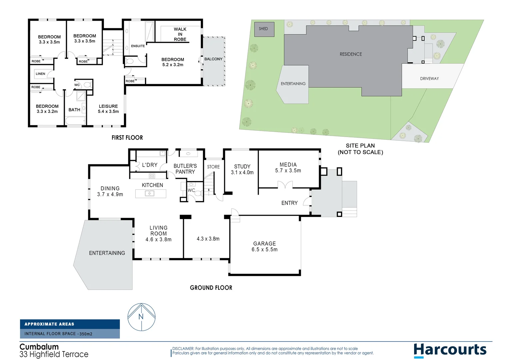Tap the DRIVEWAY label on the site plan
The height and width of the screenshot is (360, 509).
[x=429, y=79]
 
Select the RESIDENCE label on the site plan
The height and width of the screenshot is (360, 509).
[x=350, y=54]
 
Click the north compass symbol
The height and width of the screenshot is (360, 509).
[x=142, y=317]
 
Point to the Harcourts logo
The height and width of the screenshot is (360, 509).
[x=450, y=350]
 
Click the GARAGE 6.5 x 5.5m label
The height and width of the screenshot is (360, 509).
[x=264, y=247]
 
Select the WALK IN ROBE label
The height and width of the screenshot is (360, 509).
[x=180, y=34]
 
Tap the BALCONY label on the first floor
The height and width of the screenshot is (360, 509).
[x=213, y=59]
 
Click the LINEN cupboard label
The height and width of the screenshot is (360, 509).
[x=40, y=74]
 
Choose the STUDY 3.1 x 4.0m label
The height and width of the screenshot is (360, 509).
[x=242, y=169]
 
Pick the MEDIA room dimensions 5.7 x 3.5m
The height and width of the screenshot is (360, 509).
[x=288, y=171]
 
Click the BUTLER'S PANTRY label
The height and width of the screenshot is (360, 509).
[x=185, y=169]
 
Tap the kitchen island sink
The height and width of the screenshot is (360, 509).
[x=150, y=193]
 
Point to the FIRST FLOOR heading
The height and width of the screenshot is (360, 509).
[x=127, y=138]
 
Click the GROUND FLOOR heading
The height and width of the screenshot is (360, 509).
[x=211, y=288]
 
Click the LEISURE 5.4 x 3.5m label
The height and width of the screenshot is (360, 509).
[x=108, y=109]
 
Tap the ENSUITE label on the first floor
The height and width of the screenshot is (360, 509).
[x=138, y=46]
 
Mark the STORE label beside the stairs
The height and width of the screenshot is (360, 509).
[x=213, y=167]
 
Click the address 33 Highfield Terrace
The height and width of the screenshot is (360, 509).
[x=54, y=354]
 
